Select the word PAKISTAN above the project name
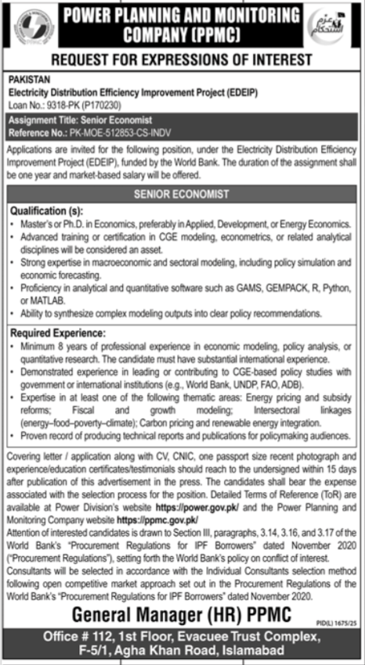(28, 78)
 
